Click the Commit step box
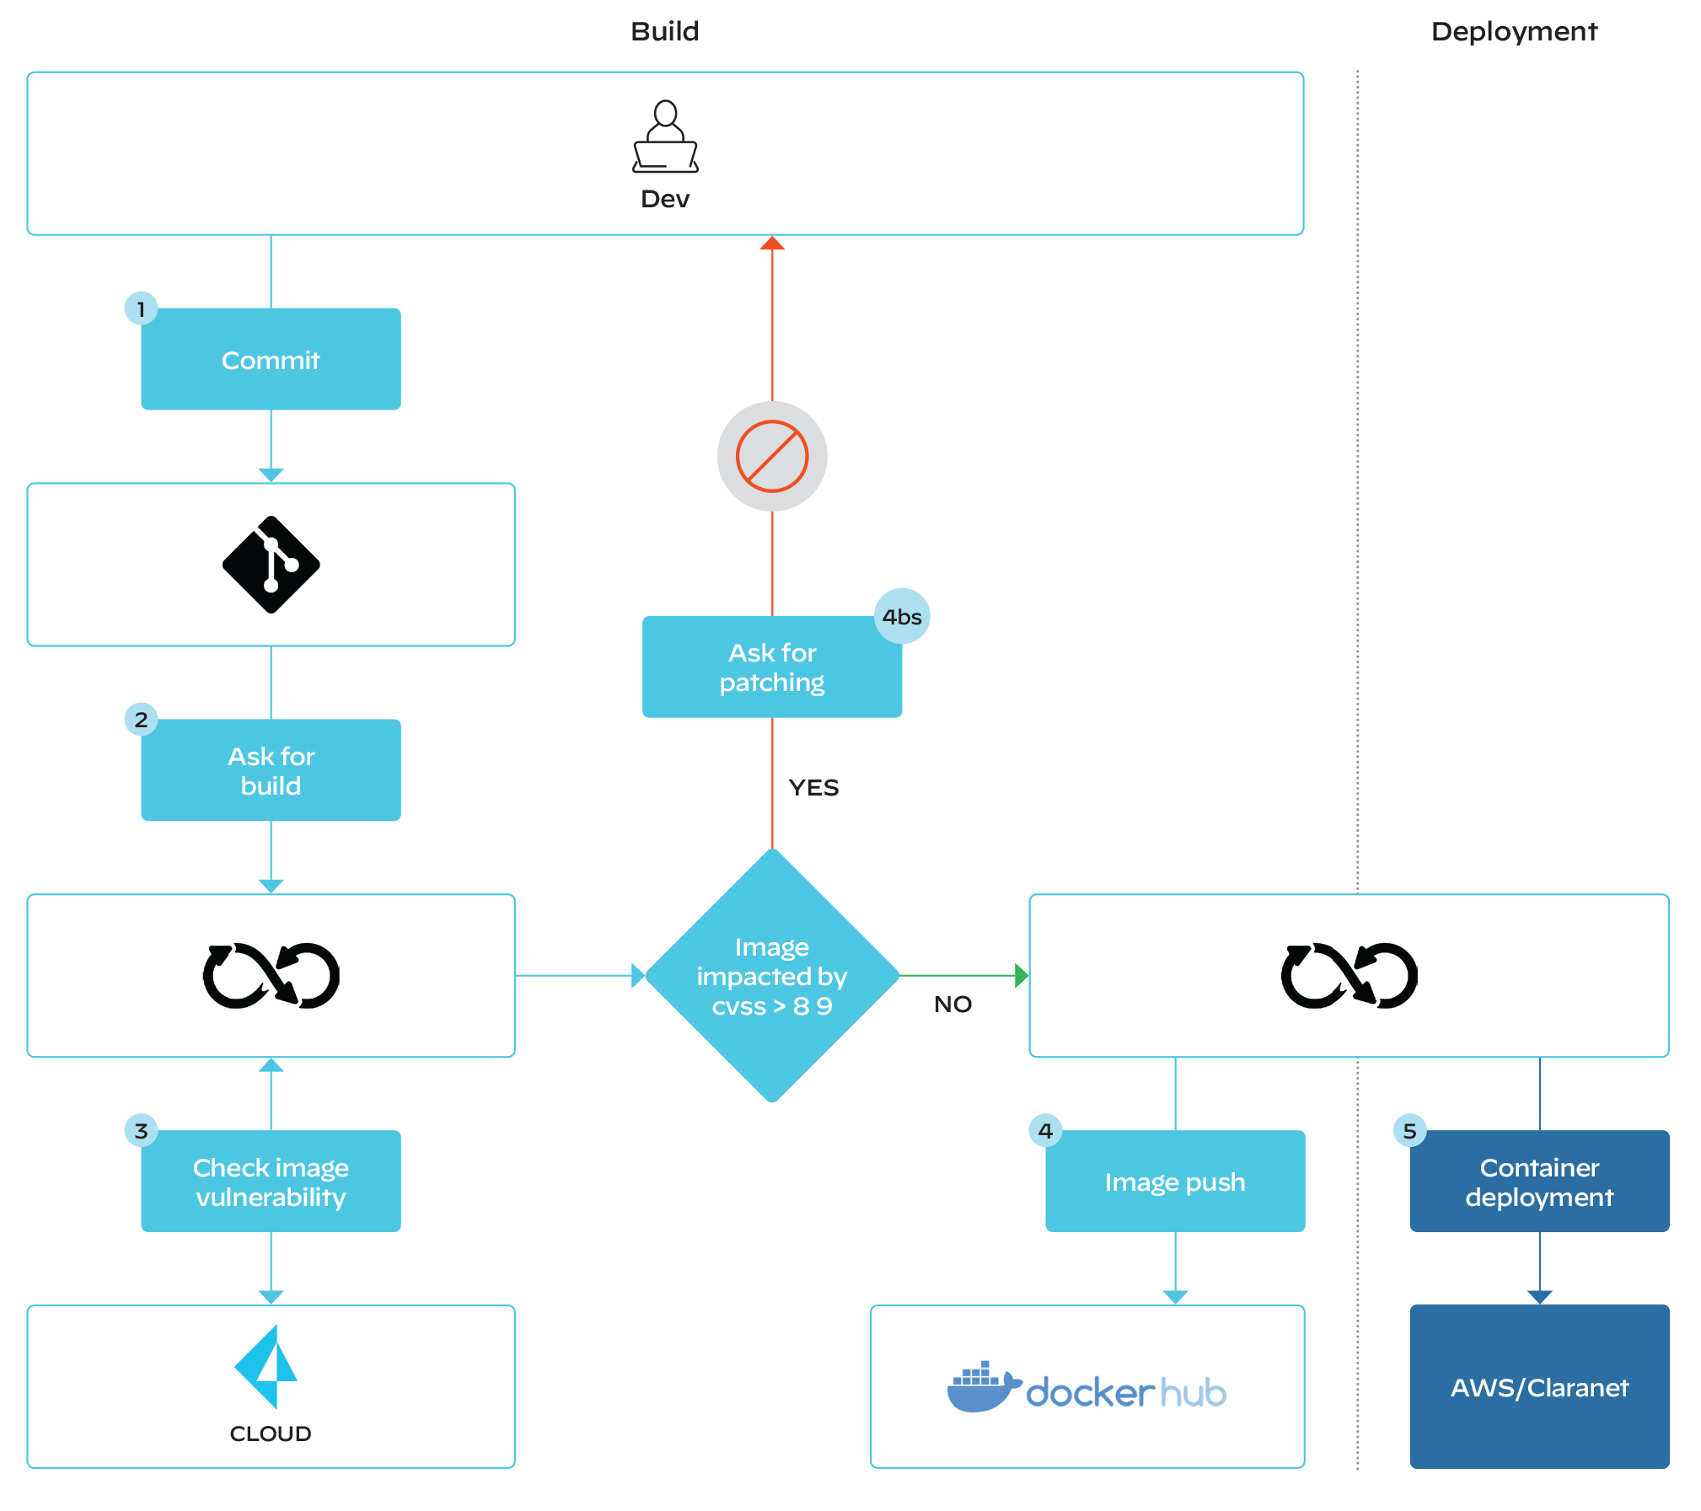pyautogui.click(x=271, y=359)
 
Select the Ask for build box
pyautogui.click(x=271, y=770)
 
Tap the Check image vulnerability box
pyautogui.click(x=271, y=1181)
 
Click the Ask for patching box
pyautogui.click(x=772, y=667)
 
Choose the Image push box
pyautogui.click(x=1175, y=1181)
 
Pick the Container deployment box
pyautogui.click(x=1539, y=1181)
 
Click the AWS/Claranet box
pyautogui.click(x=1539, y=1387)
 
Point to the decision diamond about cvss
pyautogui.click(x=772, y=976)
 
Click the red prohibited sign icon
pyautogui.click(x=772, y=456)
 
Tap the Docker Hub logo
pyautogui.click(x=1087, y=1387)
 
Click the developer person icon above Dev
pyautogui.click(x=665, y=137)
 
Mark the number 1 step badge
pyautogui.click(x=141, y=308)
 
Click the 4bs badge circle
pyautogui.click(x=902, y=616)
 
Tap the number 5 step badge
pyautogui.click(x=1409, y=1131)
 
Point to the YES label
pyautogui.click(x=813, y=788)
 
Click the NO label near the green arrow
pyautogui.click(x=953, y=1005)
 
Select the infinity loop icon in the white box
pyautogui.click(x=1349, y=976)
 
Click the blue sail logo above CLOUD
pyautogui.click(x=271, y=1366)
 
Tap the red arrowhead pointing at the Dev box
pyautogui.click(x=772, y=244)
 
